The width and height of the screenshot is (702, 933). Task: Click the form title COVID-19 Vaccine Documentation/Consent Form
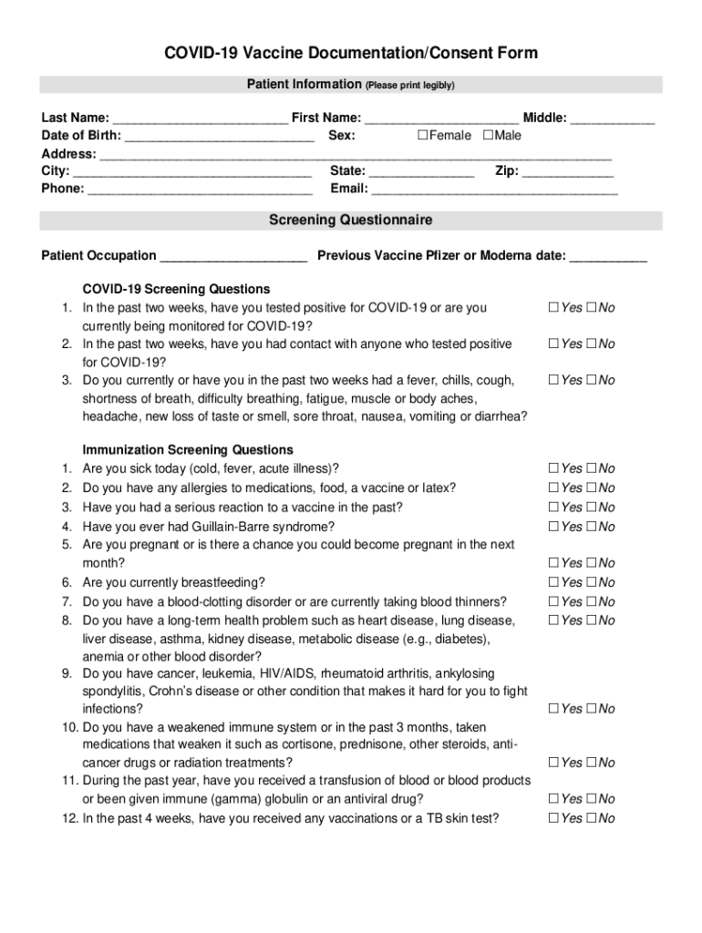point(351,54)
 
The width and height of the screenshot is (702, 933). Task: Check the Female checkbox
point(422,136)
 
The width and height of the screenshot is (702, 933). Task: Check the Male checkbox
point(488,136)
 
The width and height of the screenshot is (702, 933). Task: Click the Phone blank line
point(200,190)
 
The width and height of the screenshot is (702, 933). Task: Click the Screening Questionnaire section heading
point(351,220)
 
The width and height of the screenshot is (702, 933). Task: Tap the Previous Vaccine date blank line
point(608,256)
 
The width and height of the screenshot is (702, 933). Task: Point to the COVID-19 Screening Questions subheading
point(176,290)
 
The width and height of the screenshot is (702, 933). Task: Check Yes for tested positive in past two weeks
point(553,308)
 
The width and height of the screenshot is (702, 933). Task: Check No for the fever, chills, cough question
point(592,380)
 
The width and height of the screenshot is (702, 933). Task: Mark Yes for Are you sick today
point(553,468)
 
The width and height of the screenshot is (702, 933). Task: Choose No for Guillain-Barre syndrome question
point(592,527)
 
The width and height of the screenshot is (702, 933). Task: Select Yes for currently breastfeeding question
point(553,582)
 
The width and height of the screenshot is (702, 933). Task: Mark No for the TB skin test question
point(592,818)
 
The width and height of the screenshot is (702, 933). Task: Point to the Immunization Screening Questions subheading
point(188,450)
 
